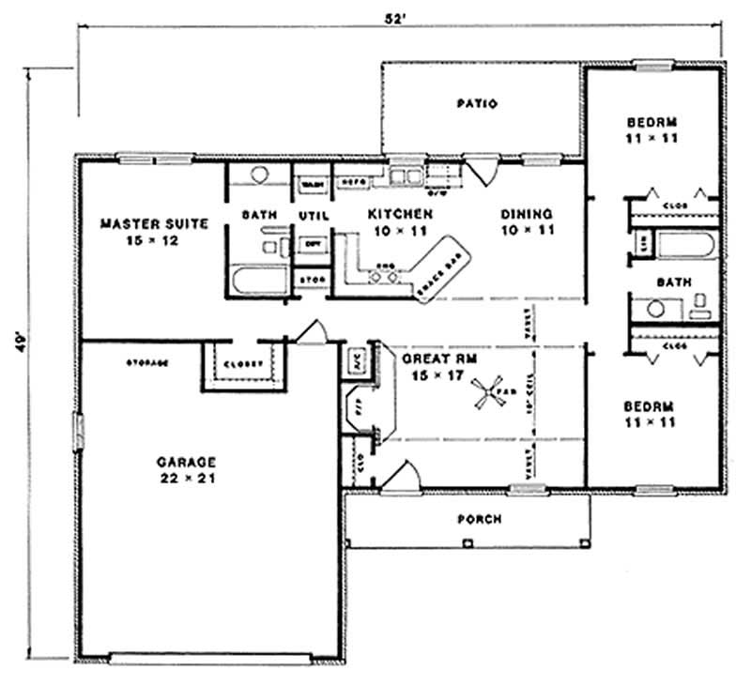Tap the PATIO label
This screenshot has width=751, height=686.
pos(477,103)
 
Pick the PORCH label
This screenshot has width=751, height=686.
pos(479,519)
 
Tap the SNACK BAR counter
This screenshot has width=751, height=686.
pos(441,267)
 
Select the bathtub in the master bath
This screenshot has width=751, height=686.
pos(257,282)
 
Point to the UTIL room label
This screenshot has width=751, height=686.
pos(311,215)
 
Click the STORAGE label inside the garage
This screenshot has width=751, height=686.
pos(147,362)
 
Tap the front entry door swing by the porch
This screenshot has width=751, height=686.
pos(402,474)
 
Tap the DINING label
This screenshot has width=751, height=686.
pos(526,213)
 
